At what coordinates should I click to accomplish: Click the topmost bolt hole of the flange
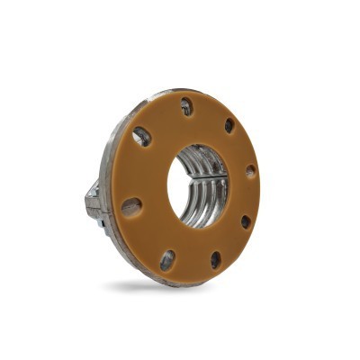tap(185, 107)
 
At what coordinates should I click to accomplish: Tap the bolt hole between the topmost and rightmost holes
tap(229, 125)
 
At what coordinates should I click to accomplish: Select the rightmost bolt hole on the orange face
tap(250, 170)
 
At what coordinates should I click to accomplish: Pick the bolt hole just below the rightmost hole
tap(245, 220)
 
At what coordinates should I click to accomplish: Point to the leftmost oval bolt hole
tap(131, 207)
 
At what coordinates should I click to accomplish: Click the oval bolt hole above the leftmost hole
tap(141, 137)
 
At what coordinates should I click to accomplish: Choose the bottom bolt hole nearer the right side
tap(215, 259)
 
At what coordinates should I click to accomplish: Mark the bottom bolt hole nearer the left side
tap(167, 260)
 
